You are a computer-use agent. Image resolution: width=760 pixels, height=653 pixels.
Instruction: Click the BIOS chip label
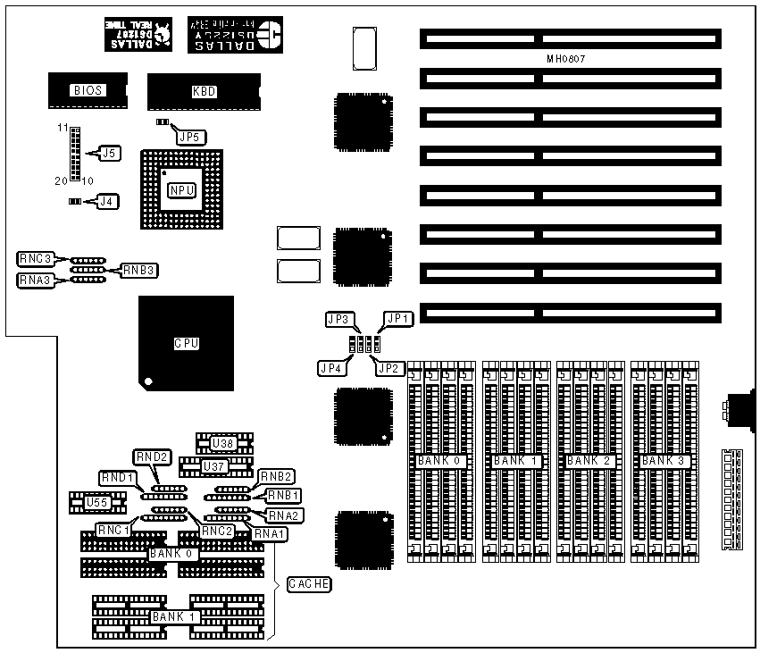(x=89, y=89)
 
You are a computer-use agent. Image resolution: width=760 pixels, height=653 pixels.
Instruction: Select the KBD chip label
(x=205, y=91)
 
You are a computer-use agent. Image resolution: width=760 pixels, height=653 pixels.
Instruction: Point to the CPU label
(x=186, y=342)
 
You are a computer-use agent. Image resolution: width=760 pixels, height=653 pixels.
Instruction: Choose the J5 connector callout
(x=109, y=154)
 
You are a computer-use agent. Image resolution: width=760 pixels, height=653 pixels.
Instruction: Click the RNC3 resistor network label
(x=34, y=259)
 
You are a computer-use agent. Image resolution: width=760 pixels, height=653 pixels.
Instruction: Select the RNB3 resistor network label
(x=139, y=269)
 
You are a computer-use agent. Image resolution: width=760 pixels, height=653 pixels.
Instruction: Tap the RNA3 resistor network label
(x=34, y=280)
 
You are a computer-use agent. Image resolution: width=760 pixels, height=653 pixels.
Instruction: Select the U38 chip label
(x=223, y=442)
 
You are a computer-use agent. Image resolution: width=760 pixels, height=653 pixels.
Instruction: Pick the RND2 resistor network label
(x=151, y=457)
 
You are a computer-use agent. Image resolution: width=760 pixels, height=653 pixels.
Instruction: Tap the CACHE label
(x=309, y=584)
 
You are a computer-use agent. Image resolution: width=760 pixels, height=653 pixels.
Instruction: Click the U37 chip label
(x=214, y=465)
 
